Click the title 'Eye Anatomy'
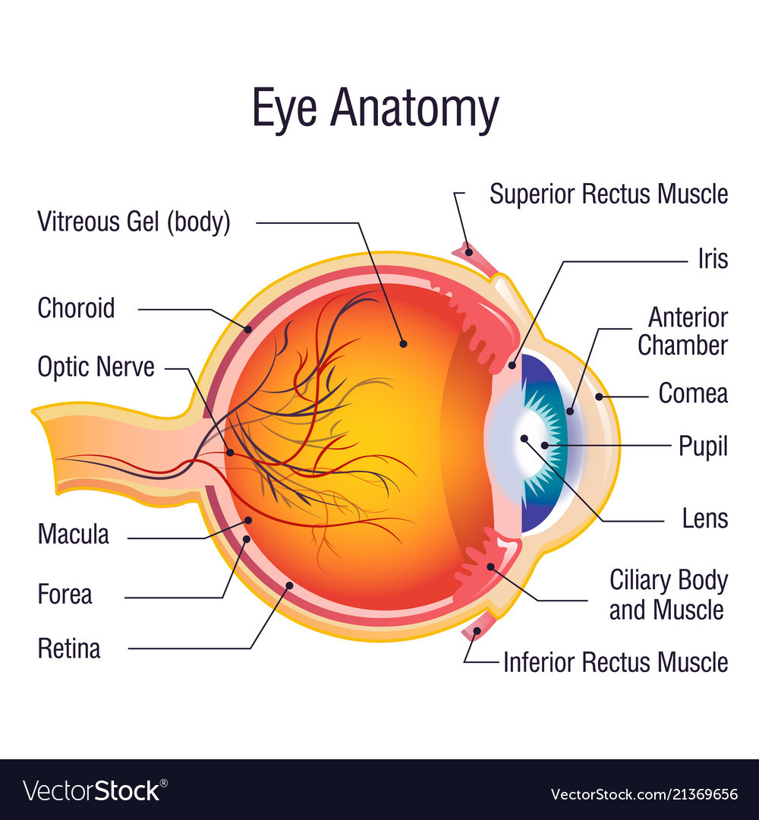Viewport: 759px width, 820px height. point(376,109)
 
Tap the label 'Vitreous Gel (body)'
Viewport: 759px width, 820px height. point(134,222)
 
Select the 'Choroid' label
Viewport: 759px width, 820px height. point(76,308)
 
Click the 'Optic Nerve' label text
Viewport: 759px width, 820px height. point(96,367)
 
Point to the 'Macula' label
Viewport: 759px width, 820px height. point(73,535)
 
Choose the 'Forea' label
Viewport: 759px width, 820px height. point(65,594)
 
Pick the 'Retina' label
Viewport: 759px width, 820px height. point(68,649)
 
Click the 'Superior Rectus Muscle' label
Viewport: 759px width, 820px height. point(608,194)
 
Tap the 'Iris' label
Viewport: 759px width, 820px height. point(713,259)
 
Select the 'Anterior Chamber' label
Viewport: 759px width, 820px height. point(682,331)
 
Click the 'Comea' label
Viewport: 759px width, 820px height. point(692,393)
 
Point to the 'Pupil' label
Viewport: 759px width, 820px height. point(703,446)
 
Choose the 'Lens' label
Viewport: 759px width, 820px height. point(705,519)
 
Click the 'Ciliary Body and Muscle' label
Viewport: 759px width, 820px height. point(668,595)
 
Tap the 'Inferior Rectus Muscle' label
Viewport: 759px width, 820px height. point(615,662)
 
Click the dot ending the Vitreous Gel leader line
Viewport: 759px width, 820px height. point(403,344)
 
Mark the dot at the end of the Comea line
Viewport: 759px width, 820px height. point(599,396)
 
